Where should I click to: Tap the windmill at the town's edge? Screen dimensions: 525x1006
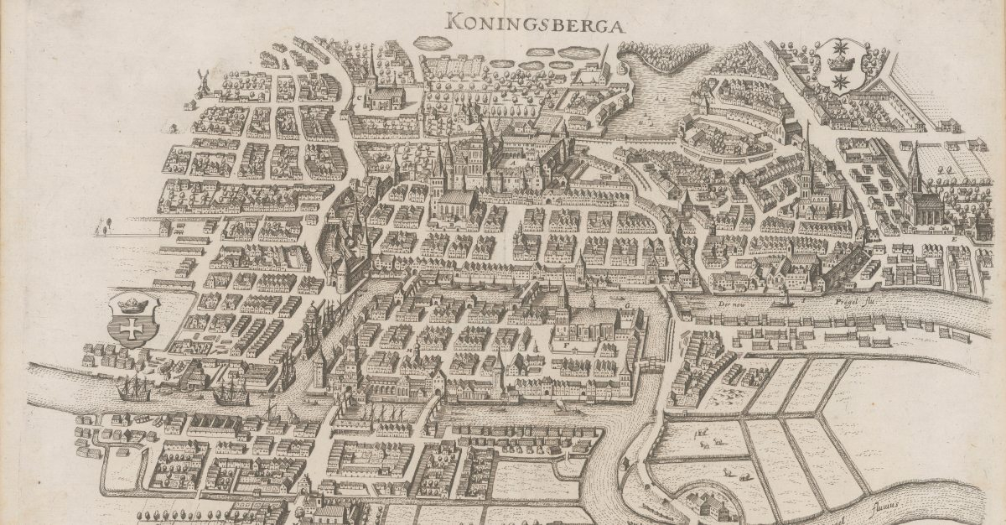point(201,82)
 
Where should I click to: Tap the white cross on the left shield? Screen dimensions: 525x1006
point(130,329)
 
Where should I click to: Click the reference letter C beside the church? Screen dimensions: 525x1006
point(361,97)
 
